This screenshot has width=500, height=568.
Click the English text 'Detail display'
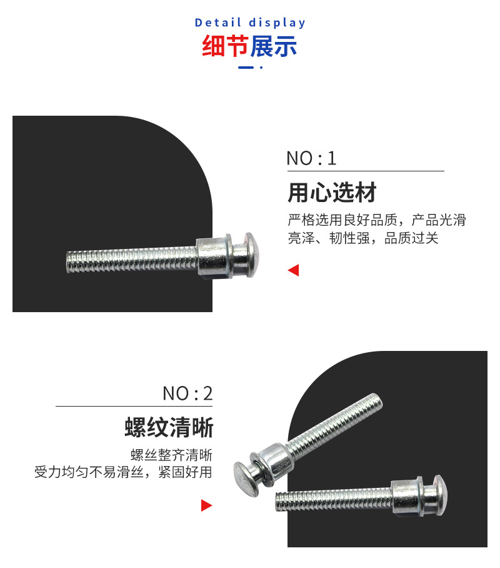coord(250,23)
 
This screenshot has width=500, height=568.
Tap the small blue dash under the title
coord(246,67)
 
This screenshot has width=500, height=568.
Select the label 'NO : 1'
coord(311,158)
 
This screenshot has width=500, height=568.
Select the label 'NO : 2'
coord(187,393)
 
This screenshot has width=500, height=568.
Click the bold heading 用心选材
coord(332,193)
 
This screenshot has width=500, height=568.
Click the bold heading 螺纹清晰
coord(169,429)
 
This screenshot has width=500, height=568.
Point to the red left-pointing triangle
coord(293,270)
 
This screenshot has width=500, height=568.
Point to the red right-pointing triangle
coord(206,505)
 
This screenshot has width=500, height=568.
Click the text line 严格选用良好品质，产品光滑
coord(376,220)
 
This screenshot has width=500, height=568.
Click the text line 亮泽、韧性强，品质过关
coord(362,238)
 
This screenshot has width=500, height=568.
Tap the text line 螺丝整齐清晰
coord(171,455)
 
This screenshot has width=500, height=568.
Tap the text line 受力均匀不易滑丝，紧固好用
coord(123,472)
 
